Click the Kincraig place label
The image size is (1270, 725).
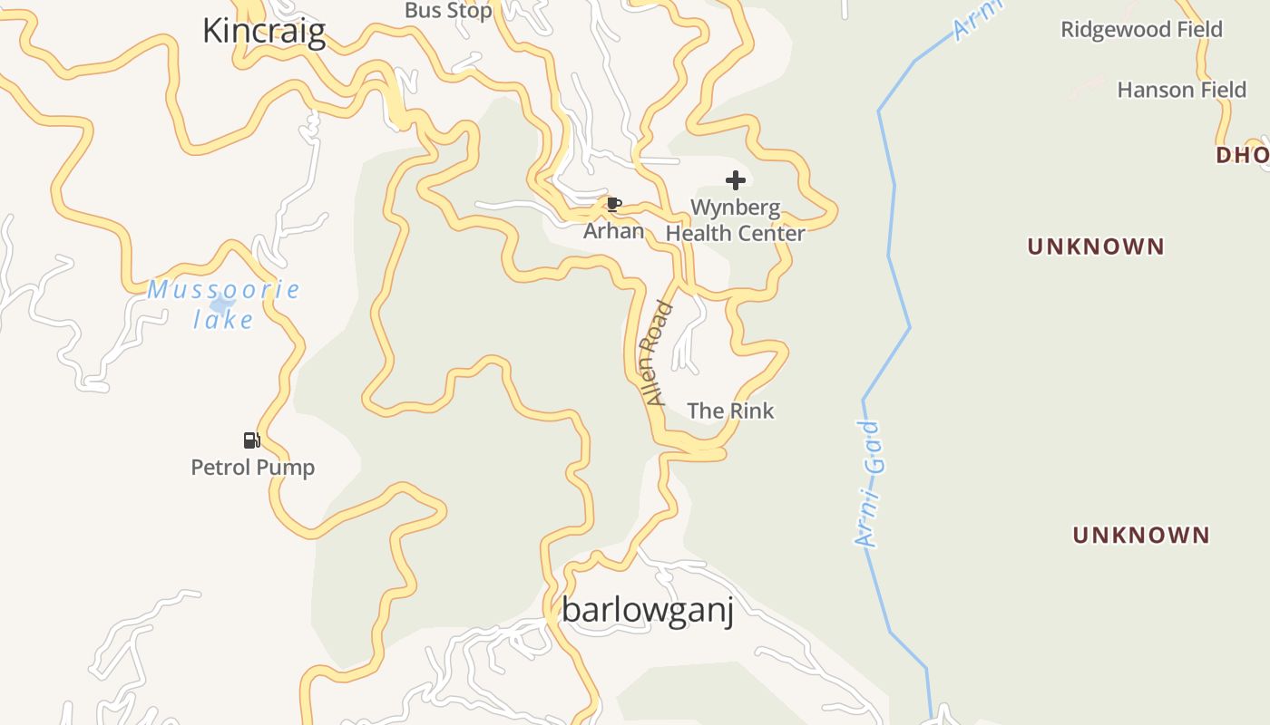pyautogui.click(x=263, y=31)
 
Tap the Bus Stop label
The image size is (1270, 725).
pyautogui.click(x=448, y=11)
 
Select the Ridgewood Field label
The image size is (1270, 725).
pyautogui.click(x=1141, y=29)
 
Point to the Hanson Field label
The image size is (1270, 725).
pyautogui.click(x=1181, y=90)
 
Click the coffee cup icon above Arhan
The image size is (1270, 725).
pyautogui.click(x=613, y=204)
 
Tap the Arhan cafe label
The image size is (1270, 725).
pyautogui.click(x=613, y=231)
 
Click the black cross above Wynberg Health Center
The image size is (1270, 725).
pyautogui.click(x=736, y=179)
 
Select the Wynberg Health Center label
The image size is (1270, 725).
pyautogui.click(x=736, y=220)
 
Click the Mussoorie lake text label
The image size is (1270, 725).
pyautogui.click(x=223, y=304)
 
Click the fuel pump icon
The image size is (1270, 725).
pyautogui.click(x=252, y=440)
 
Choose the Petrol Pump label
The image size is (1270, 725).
pyautogui.click(x=252, y=468)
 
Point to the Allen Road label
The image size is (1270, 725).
pyautogui.click(x=655, y=353)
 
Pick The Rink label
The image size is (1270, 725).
pyautogui.click(x=730, y=411)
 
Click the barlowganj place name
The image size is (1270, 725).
pyautogui.click(x=647, y=610)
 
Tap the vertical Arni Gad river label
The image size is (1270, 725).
pyautogui.click(x=868, y=484)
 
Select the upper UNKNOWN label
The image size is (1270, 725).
pyautogui.click(x=1095, y=246)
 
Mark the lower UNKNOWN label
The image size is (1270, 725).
pyautogui.click(x=1140, y=535)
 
